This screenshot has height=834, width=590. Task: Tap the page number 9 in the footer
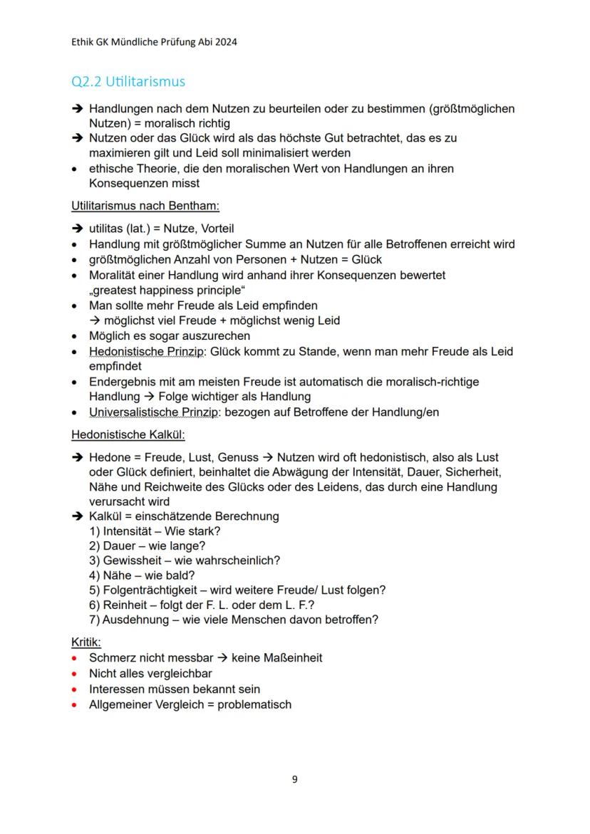295,779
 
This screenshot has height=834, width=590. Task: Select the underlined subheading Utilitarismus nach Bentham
145,207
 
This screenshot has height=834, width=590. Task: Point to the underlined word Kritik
86,642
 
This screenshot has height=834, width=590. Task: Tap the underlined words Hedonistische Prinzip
145,351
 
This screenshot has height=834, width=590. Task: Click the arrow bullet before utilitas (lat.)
76,229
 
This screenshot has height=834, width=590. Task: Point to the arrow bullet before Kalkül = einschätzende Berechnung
76,516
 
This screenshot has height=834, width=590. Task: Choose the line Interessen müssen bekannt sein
174,689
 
